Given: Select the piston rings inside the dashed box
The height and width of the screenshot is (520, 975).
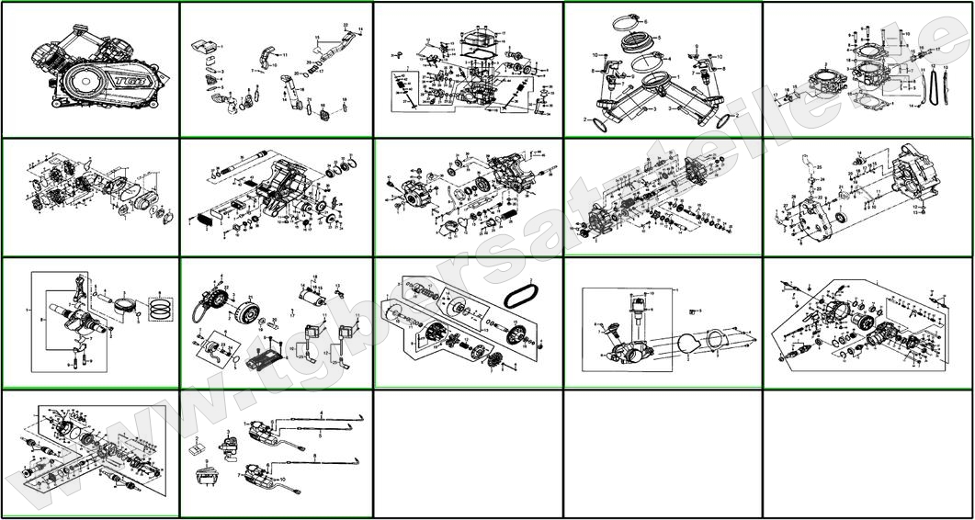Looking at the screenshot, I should [x=160, y=307].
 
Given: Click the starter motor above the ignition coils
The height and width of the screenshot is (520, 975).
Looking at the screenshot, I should [x=307, y=296].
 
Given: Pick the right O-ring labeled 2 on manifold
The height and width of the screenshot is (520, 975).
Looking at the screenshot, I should [x=722, y=119].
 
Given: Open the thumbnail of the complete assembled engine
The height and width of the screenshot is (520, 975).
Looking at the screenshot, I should [x=90, y=70].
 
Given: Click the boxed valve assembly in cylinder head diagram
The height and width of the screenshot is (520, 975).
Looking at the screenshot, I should [x=404, y=91].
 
